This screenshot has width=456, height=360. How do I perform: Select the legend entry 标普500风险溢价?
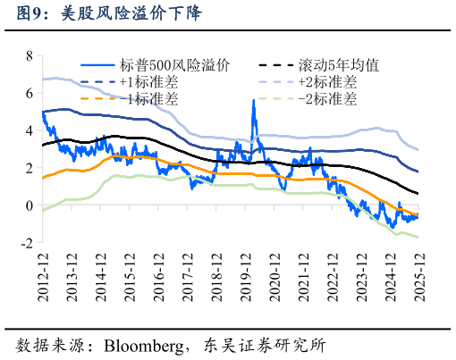[173, 65]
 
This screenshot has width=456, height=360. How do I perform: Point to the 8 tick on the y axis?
[30, 55]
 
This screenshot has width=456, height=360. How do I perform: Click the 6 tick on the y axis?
[30, 93]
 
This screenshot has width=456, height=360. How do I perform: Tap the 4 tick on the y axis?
[30, 130]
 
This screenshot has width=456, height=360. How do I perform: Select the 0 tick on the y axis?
[30, 205]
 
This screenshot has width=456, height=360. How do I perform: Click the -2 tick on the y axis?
[27, 243]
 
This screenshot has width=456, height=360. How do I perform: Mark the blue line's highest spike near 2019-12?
[253, 101]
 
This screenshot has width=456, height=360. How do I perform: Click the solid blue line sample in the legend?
[98, 65]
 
